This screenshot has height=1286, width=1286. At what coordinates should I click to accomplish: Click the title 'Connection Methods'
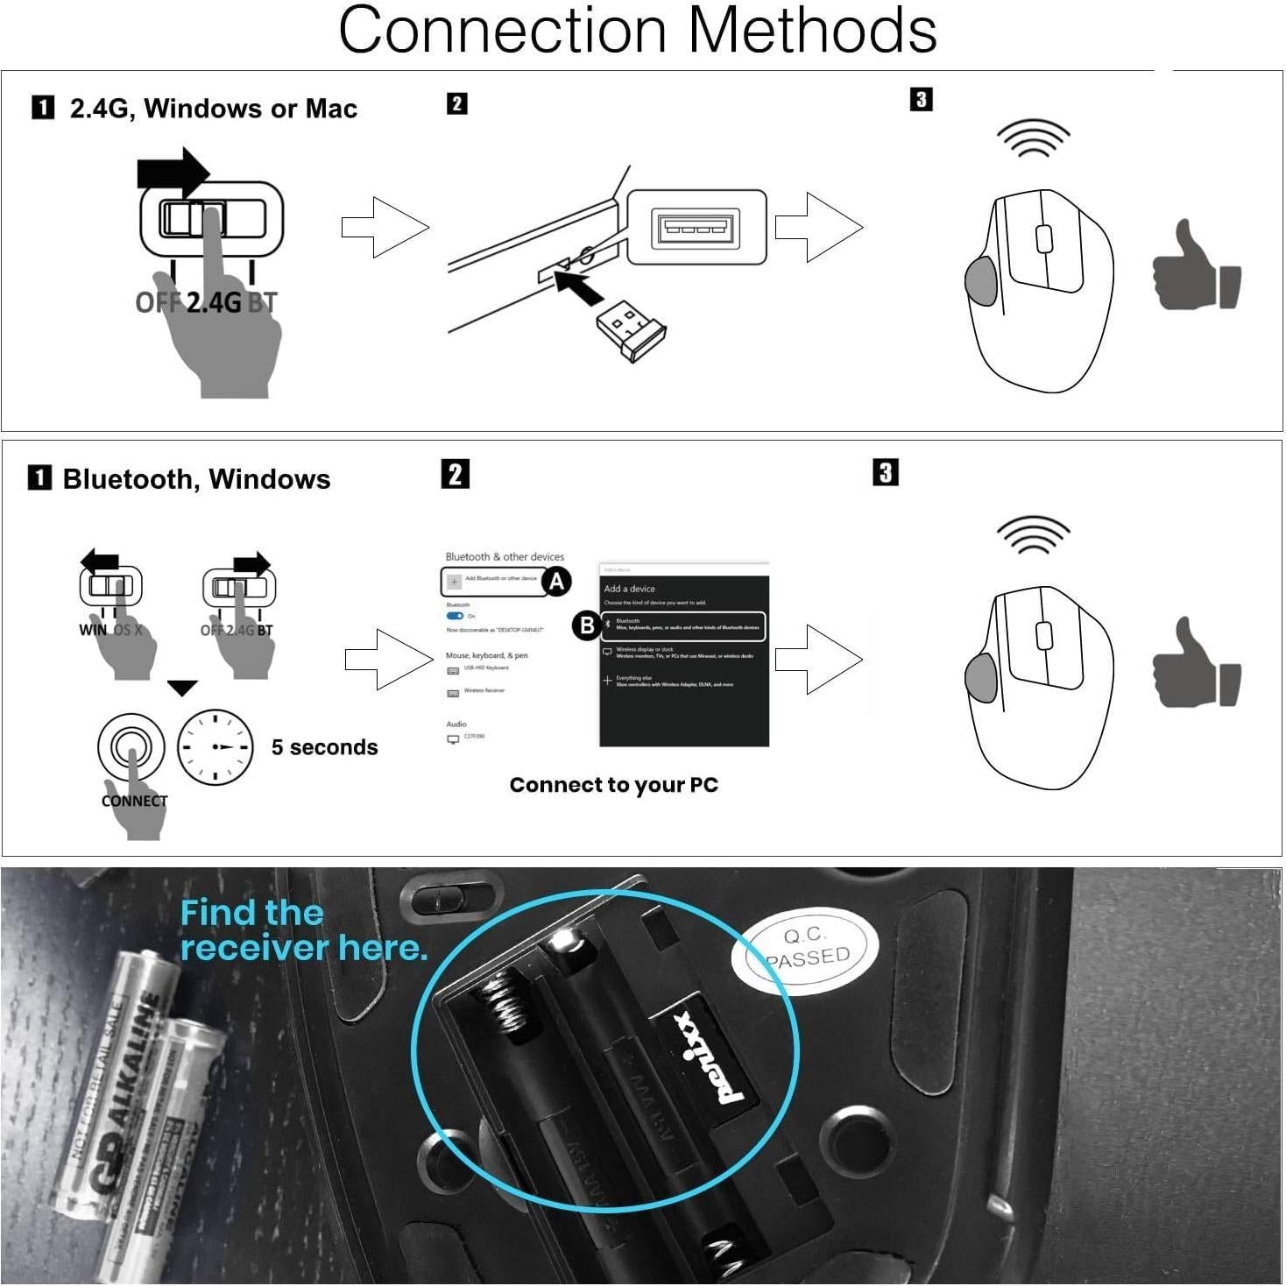638,32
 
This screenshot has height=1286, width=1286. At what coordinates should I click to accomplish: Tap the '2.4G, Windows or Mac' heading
213,109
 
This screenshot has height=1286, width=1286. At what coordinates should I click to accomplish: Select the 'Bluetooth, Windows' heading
196,479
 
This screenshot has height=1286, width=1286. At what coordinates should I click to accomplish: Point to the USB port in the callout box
696,228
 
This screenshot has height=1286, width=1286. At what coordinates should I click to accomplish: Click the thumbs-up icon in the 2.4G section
1196,266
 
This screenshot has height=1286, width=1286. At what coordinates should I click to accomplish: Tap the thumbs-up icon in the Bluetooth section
1196,663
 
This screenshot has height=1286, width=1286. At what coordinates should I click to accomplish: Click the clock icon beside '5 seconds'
216,747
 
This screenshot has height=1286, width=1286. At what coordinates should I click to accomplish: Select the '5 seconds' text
324,747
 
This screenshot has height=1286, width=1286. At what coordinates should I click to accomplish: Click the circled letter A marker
556,581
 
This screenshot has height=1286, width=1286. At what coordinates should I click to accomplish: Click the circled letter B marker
587,625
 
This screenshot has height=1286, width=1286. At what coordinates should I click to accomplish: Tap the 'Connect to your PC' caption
613,785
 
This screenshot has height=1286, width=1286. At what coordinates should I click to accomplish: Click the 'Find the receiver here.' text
302,930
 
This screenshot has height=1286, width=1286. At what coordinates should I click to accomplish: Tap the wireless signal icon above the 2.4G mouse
1034,138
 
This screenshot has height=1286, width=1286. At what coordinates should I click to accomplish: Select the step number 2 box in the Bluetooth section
455,474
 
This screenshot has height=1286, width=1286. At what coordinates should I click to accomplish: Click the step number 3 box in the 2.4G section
921,100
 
